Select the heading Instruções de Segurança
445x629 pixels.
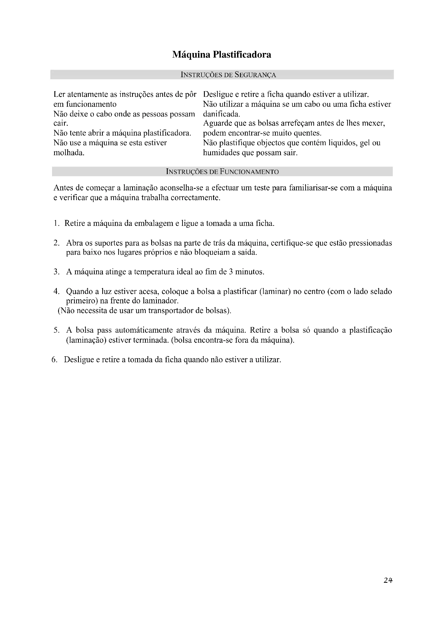[228, 75]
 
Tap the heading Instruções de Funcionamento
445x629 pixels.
[222, 172]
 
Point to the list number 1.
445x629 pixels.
[56, 223]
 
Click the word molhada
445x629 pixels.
[69, 152]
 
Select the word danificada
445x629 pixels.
[221, 114]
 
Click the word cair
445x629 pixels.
[61, 123]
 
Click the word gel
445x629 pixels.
[366, 143]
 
